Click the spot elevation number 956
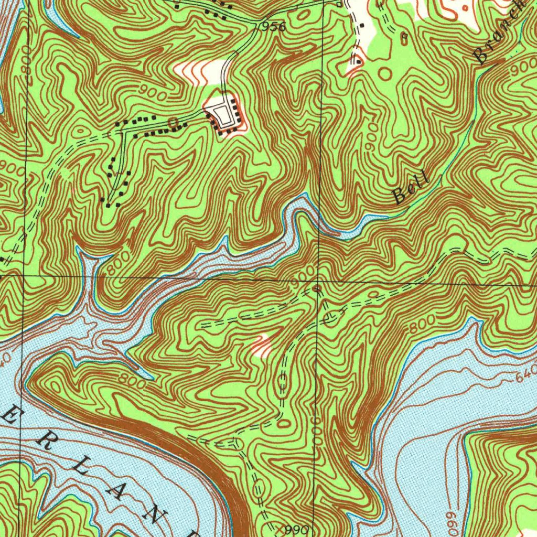(x=273, y=27)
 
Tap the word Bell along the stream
(x=411, y=188)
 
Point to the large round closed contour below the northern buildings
(x=385, y=73)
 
